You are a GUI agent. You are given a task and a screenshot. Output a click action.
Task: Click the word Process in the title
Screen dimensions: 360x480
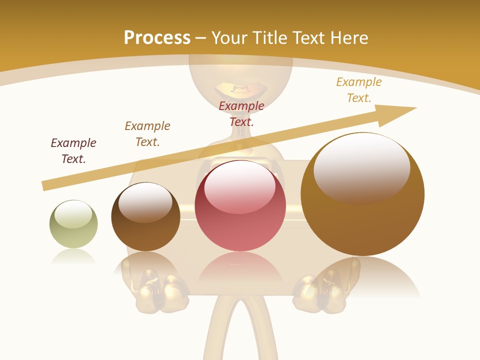157,38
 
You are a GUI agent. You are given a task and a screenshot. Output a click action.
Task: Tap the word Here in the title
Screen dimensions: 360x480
348,38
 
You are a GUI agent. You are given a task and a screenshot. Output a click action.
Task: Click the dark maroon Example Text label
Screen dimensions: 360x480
73,150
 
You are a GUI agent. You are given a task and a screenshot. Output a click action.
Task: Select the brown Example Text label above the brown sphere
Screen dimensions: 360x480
147,133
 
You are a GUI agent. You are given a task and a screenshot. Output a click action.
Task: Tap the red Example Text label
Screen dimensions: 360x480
241,113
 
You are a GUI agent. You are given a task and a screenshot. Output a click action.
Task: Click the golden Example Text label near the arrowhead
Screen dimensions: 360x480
359,89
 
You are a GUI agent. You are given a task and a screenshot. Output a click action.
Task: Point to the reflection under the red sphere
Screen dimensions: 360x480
240,267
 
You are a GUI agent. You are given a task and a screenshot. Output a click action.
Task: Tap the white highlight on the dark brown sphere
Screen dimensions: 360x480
145,201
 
